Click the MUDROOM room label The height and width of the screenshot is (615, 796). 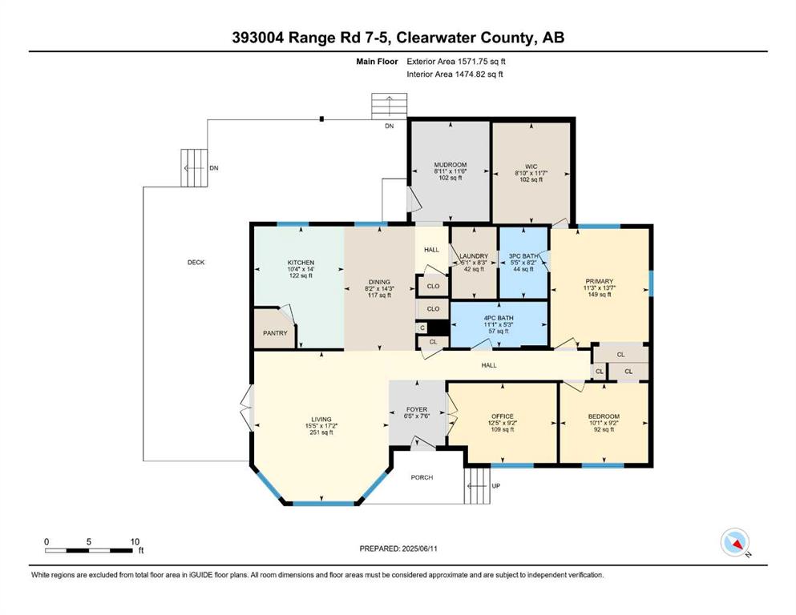pos(451,165)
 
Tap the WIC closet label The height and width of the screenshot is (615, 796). pos(531,167)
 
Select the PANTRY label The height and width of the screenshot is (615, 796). pos(275,333)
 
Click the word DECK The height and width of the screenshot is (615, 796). pos(196,262)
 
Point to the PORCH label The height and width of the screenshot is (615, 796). pos(422,477)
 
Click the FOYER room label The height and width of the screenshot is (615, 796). pos(417,409)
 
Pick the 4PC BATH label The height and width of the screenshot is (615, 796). pos(499,318)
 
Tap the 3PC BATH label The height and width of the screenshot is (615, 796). pos(523,256)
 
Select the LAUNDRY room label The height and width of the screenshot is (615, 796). pos(474,256)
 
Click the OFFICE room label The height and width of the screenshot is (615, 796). pos(503,416)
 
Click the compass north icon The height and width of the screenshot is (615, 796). pos(735,542)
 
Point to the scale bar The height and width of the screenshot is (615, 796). pos(89,551)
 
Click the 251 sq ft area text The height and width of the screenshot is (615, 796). pos(321,432)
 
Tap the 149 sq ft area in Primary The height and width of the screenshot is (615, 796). pos(600,294)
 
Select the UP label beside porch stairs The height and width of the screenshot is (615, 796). pos(496,486)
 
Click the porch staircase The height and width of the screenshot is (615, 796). pos(477,486)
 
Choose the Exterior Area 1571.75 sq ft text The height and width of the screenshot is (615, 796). pos(456,62)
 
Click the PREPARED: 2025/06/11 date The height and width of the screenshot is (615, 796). pos(398,549)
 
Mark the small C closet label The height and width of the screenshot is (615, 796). pos(422,328)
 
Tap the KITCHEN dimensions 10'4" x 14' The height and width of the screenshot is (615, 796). pos(301,269)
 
